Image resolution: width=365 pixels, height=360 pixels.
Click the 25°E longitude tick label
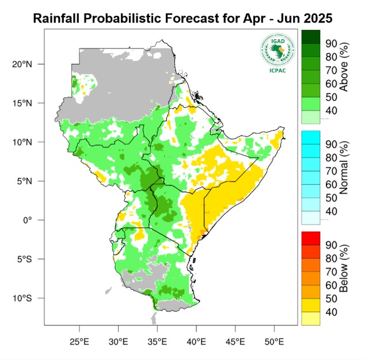[79, 342]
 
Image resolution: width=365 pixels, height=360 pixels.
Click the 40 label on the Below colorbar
[332, 312]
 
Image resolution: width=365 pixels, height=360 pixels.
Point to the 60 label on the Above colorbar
[332, 83]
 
